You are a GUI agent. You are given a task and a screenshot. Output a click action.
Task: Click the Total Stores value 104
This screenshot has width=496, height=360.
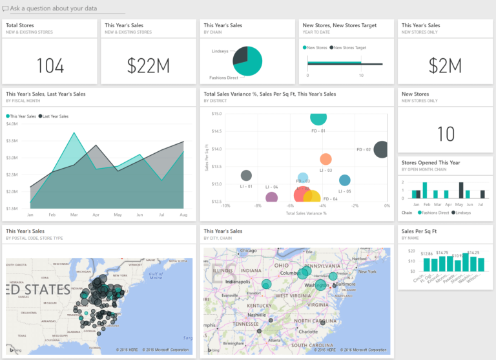[50, 65]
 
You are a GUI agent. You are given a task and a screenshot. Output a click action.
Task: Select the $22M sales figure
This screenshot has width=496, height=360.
[148, 65]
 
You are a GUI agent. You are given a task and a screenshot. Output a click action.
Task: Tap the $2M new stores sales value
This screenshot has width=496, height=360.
[445, 65]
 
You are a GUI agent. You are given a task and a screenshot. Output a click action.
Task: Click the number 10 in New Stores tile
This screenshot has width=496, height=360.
[446, 134]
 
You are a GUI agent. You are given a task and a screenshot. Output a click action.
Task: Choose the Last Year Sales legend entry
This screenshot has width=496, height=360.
[56, 116]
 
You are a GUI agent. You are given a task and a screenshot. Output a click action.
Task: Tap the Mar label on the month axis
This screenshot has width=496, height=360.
[74, 214]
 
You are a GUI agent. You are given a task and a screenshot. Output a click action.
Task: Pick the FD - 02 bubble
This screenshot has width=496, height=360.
[381, 149]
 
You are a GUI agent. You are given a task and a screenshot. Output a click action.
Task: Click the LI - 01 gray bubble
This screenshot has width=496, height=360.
[246, 175]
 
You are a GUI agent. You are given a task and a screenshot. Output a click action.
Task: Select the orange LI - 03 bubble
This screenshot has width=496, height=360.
[325, 159]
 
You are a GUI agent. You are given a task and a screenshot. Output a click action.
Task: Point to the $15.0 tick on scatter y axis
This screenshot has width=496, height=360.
[216, 114]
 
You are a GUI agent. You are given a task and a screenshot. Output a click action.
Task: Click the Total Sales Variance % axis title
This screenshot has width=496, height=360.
[306, 213]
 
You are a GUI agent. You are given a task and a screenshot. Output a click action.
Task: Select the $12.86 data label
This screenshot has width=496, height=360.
[426, 254]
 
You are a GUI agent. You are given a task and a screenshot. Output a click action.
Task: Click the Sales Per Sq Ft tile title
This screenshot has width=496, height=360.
[419, 231]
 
